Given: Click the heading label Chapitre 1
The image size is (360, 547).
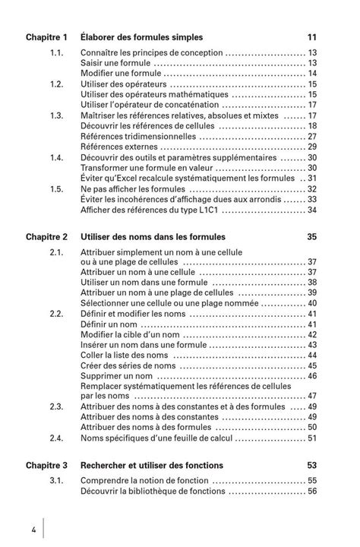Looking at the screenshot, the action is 47,36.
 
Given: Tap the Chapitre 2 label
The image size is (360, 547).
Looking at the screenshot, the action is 47,237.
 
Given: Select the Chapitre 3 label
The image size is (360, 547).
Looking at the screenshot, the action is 47,464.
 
